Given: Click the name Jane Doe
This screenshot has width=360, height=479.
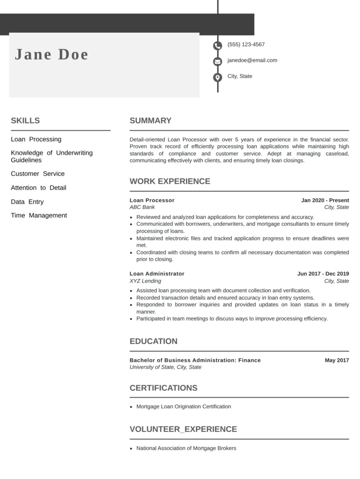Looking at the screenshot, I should pyautogui.click(x=51, y=55).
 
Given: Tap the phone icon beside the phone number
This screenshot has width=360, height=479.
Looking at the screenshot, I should pyautogui.click(x=218, y=46).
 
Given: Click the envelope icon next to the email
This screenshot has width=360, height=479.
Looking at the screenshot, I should pyautogui.click(x=218, y=61).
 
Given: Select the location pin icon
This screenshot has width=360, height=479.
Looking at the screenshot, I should pyautogui.click(x=218, y=77).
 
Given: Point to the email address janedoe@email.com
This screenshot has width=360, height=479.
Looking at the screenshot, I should pyautogui.click(x=252, y=60).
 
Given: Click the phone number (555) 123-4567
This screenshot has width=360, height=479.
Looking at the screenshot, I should pyautogui.click(x=246, y=44).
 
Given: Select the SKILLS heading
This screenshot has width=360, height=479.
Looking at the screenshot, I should pyautogui.click(x=25, y=121).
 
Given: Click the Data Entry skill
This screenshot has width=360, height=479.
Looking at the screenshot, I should pyautogui.click(x=27, y=202).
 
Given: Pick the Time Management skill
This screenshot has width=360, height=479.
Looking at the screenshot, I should pyautogui.click(x=39, y=216).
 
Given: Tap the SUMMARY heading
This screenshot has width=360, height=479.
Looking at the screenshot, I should pyautogui.click(x=150, y=121).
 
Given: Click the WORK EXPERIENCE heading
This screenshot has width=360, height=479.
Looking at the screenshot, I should pyautogui.click(x=170, y=181).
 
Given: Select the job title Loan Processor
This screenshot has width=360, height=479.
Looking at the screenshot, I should pyautogui.click(x=152, y=200).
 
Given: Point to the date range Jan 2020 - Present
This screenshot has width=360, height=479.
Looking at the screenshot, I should pyautogui.click(x=325, y=200).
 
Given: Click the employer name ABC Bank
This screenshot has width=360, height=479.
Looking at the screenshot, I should pyautogui.click(x=142, y=207).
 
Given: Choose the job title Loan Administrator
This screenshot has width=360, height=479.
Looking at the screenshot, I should pyautogui.click(x=157, y=274).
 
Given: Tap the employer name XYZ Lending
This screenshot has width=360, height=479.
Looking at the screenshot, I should pyautogui.click(x=145, y=281).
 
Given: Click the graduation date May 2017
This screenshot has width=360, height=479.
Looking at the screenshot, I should pyautogui.click(x=337, y=360).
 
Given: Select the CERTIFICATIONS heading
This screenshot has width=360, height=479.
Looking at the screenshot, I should pyautogui.click(x=163, y=388).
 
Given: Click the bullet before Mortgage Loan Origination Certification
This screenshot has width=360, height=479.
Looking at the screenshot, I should pyautogui.click(x=132, y=407).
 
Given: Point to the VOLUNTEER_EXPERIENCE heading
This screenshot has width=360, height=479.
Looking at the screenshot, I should pyautogui.click(x=183, y=429).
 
